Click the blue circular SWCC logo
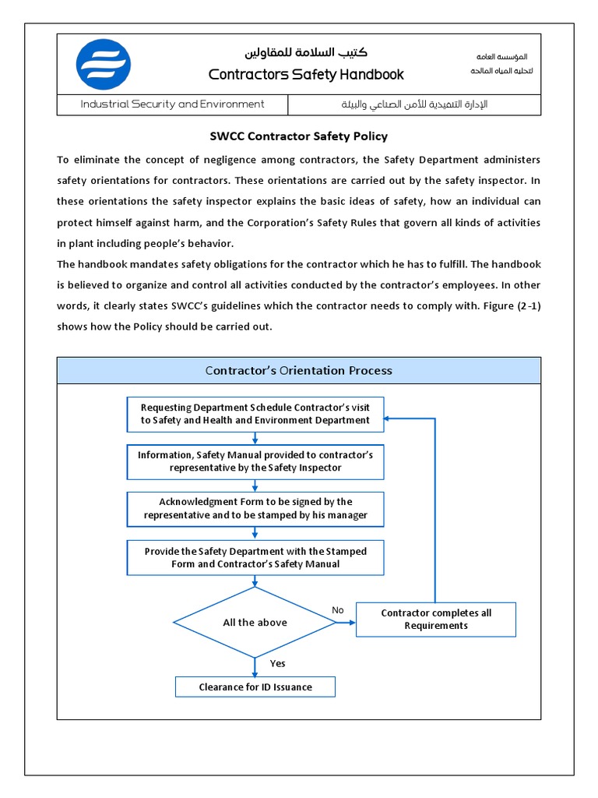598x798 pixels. pos(104,64)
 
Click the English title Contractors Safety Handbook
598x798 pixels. pos(306,75)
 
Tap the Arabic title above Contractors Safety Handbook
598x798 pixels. pos(306,53)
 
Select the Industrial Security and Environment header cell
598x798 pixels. pos(172,104)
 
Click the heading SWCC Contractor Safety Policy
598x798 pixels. pos(298,136)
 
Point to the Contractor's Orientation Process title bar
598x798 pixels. pos(298,370)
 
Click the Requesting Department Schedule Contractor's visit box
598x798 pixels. pos(255,414)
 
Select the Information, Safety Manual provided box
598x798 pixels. pos(255,461)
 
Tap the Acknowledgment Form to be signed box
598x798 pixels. pos(255,509)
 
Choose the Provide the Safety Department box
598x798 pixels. pos(255,557)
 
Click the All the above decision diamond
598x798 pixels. pos(255,623)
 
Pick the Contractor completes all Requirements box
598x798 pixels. pos(435,620)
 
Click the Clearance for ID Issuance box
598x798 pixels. pos(255,687)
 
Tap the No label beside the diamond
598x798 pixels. pos(337,610)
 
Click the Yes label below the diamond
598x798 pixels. pos(277,664)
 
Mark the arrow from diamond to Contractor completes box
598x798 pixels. pos(346,623)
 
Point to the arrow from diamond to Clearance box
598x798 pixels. pos(255,667)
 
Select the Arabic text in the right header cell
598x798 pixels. pos(414,104)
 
